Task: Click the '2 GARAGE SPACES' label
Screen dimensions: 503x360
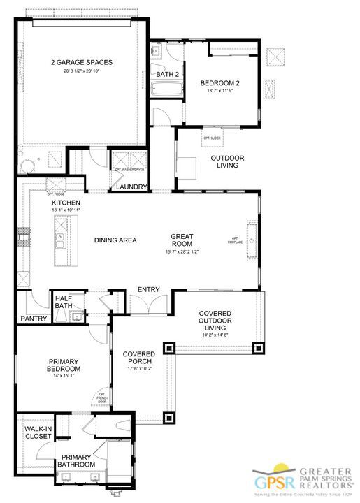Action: pos(82,62)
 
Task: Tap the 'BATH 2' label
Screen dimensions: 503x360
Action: pos(166,74)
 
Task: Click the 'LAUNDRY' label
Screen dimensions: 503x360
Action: pos(131,187)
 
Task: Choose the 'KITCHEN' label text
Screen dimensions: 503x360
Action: pos(64,202)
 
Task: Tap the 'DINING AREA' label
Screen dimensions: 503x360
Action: pos(115,240)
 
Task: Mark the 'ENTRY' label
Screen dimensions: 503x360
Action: pos(148,289)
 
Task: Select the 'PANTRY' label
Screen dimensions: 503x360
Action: pos(34,319)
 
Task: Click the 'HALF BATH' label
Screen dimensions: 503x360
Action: pos(64,302)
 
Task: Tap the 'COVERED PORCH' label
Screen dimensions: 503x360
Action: pos(138,358)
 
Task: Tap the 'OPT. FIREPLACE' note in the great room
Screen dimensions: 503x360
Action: pos(234,240)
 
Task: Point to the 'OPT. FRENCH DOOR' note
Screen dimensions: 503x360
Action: pos(102,397)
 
